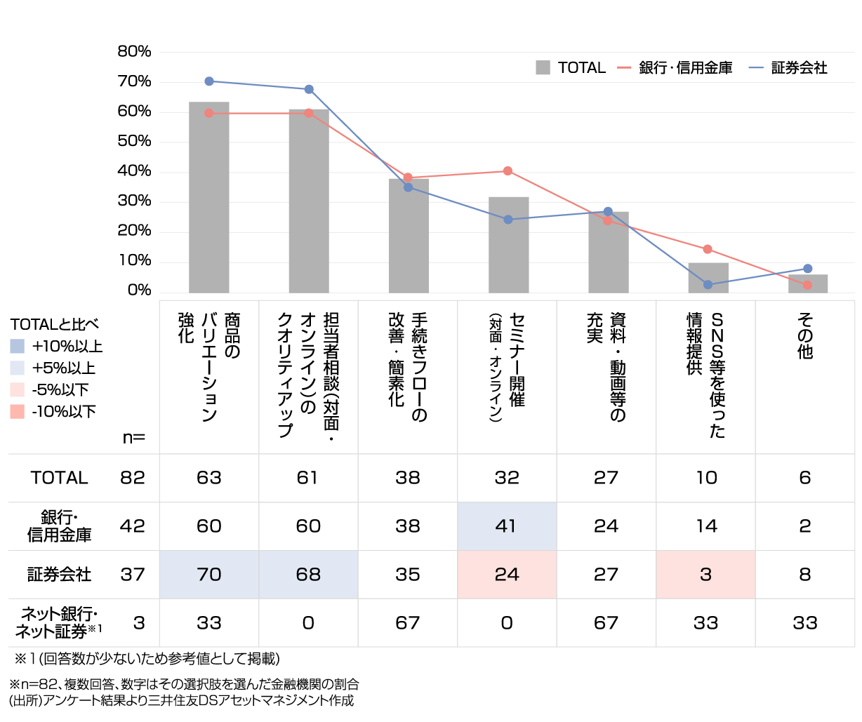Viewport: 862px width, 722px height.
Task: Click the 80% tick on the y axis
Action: [134, 51]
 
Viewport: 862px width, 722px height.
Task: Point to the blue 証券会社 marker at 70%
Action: [209, 81]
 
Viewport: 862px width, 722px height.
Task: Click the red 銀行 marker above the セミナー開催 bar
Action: [508, 171]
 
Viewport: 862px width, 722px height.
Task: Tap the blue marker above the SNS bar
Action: [708, 284]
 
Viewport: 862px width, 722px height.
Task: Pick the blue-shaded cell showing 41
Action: [507, 526]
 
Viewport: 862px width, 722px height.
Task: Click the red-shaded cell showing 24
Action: [507, 575]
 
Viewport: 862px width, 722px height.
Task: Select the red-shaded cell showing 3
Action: [705, 575]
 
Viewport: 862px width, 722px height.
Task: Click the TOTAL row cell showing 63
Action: [209, 478]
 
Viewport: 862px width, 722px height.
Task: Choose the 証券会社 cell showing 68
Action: [308, 575]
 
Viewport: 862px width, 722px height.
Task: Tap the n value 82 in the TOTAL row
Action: [133, 478]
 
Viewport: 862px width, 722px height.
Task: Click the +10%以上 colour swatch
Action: [18, 347]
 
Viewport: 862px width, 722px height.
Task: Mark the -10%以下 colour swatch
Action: [18, 412]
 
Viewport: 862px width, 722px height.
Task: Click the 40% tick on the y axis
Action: [134, 171]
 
